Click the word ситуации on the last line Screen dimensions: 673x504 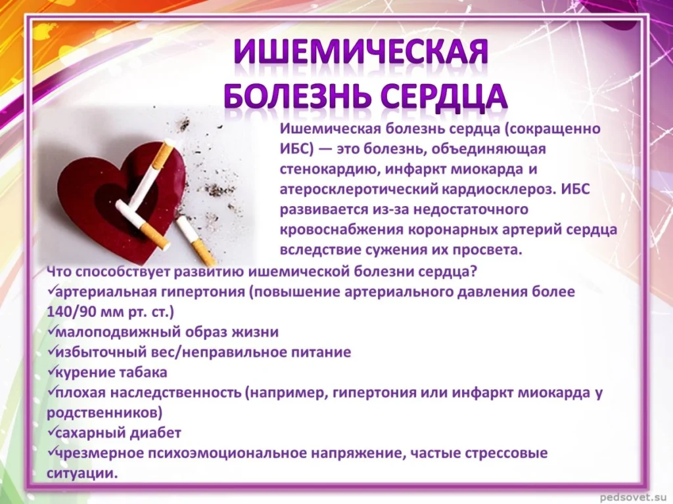tap(82, 474)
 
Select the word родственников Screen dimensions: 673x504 tap(104, 413)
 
